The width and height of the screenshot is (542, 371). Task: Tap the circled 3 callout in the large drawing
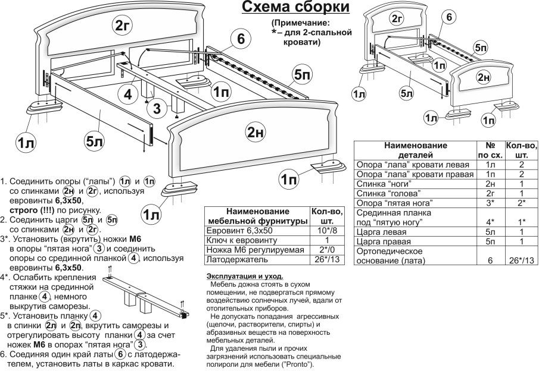pyautogui.click(x=157, y=108)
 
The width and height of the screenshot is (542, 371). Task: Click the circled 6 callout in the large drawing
pyautogui.click(x=241, y=39)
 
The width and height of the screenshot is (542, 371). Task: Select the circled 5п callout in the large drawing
pyautogui.click(x=302, y=76)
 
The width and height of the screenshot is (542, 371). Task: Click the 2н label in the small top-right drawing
pyautogui.click(x=484, y=78)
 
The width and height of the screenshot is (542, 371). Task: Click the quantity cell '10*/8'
pyautogui.click(x=327, y=229)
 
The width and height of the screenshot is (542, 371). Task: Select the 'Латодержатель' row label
pyautogui.click(x=235, y=260)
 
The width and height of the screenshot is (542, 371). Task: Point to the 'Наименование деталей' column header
pyautogui.click(x=415, y=150)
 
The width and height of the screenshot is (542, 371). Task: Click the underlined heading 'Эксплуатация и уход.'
pyautogui.click(x=245, y=277)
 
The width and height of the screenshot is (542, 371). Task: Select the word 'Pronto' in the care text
pyautogui.click(x=296, y=363)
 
